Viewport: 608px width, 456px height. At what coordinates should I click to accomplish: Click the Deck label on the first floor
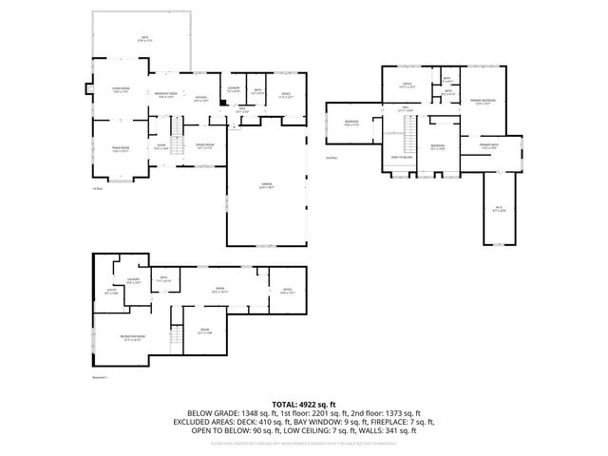[x=145, y=39]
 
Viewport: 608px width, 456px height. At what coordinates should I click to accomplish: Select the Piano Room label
[x=120, y=149]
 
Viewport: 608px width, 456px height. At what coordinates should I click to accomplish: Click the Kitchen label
[x=201, y=99]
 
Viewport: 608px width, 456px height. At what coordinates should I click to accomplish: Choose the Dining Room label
[x=199, y=147]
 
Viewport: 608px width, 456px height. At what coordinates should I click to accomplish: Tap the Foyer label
[x=161, y=147]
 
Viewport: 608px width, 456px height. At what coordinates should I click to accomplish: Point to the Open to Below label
[x=401, y=157]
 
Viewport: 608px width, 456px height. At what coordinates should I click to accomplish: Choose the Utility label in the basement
[x=112, y=293]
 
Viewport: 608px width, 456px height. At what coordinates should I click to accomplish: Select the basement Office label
[x=288, y=292]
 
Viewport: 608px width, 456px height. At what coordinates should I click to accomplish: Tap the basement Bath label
[x=163, y=279]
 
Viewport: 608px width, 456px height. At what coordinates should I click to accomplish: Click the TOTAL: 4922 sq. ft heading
[x=303, y=404]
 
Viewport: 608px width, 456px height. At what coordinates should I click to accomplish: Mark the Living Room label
[x=120, y=92]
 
